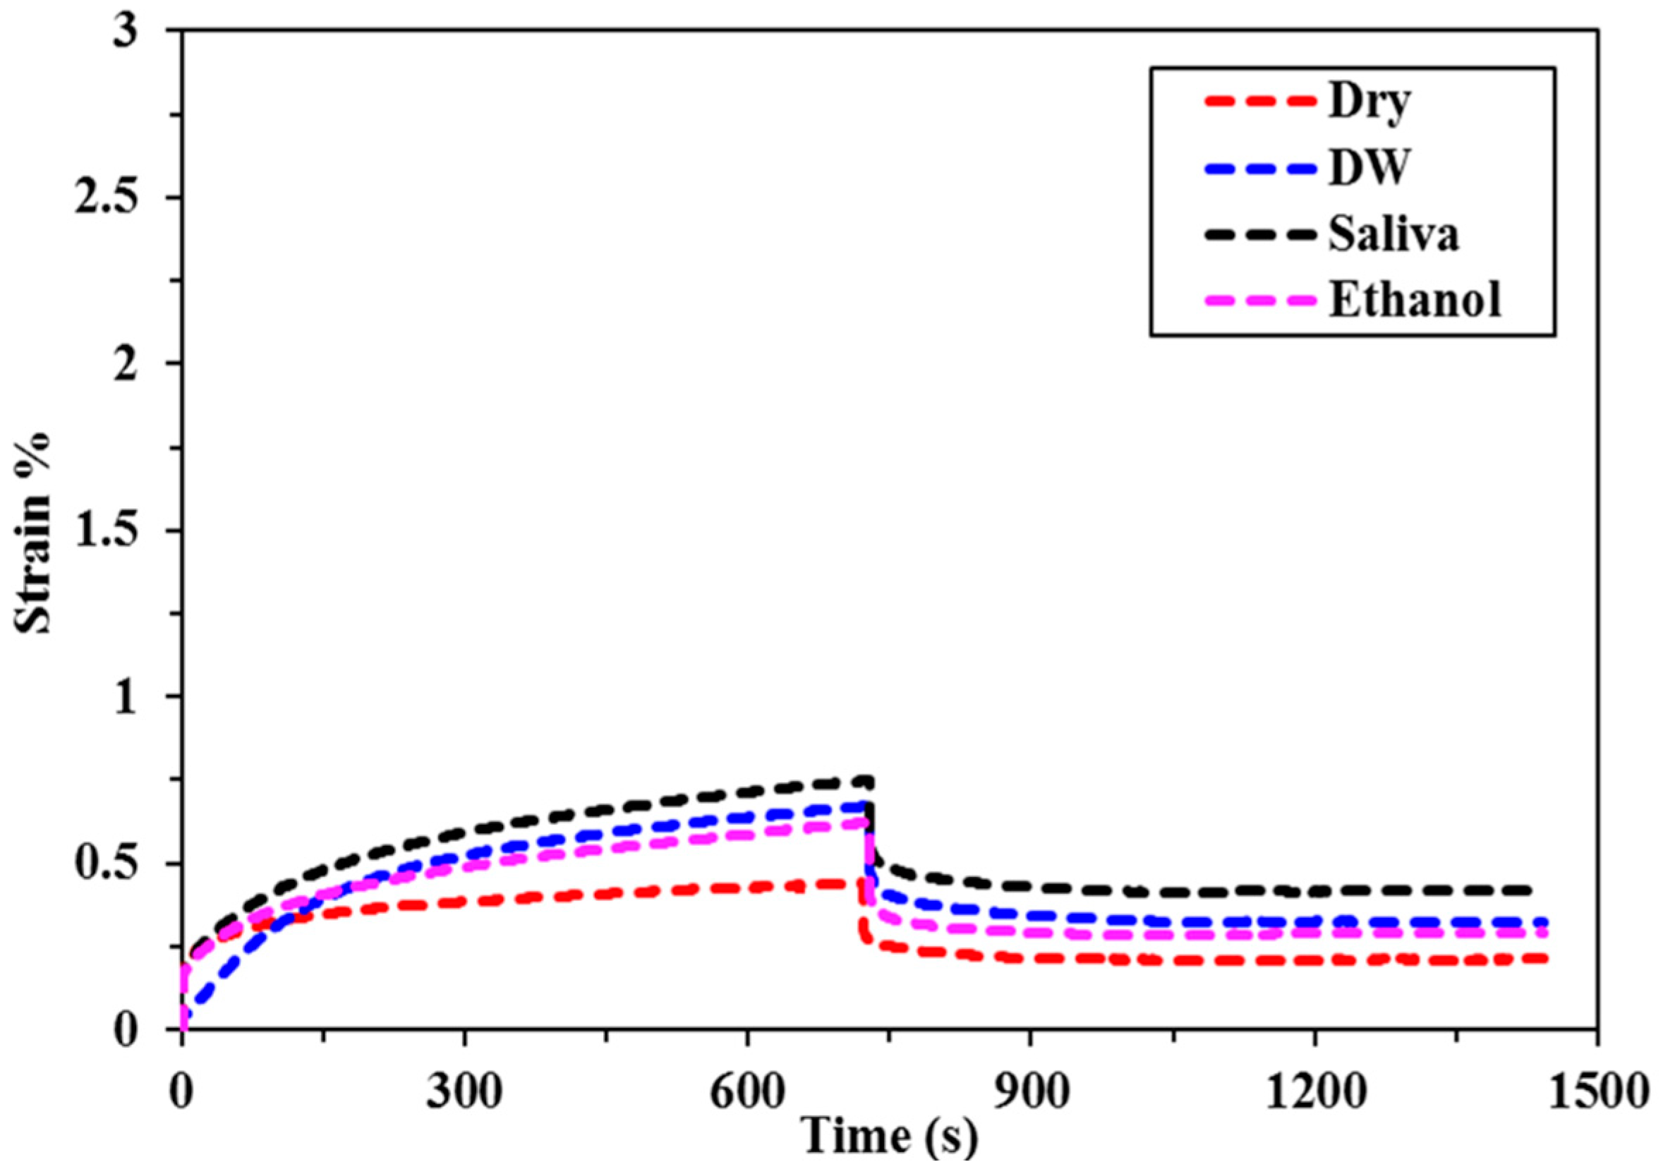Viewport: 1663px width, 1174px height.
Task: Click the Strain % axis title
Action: [35, 532]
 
